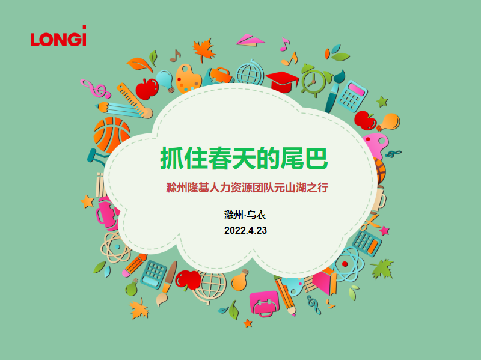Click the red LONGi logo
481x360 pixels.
(58, 36)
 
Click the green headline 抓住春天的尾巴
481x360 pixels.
(244, 158)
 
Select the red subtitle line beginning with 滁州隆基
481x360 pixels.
(247, 188)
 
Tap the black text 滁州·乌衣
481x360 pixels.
(245, 215)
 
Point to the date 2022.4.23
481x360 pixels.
(245, 230)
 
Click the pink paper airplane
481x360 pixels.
(250, 40)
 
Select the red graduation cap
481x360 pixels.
(282, 81)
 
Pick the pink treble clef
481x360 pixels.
(95, 88)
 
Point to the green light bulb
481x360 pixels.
(132, 288)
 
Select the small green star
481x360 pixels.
(382, 102)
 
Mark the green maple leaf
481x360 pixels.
(382, 269)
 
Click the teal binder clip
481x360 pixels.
(97, 157)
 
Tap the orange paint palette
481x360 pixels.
(188, 79)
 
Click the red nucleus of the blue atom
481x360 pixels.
(345, 264)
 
